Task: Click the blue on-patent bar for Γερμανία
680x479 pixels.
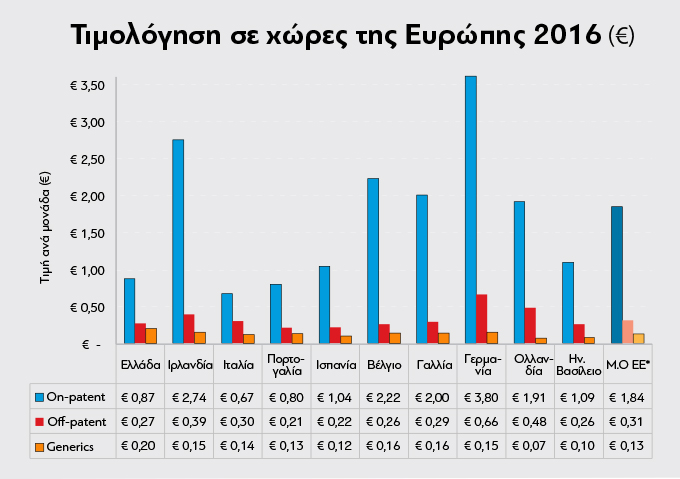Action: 470,209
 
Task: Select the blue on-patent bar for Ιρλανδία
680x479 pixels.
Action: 178,241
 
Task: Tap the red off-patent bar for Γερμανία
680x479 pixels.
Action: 481,318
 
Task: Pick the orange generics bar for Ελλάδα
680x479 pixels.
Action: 151,335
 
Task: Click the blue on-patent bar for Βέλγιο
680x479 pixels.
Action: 373,260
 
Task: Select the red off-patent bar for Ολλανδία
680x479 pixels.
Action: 530,325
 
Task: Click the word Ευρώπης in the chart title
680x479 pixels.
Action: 459,36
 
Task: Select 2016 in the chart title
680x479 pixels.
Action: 570,36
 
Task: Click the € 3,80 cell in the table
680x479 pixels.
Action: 481,397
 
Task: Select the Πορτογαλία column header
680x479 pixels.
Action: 286,361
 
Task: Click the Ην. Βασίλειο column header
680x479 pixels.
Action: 578,361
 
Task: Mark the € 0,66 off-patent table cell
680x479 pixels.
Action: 481,421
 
